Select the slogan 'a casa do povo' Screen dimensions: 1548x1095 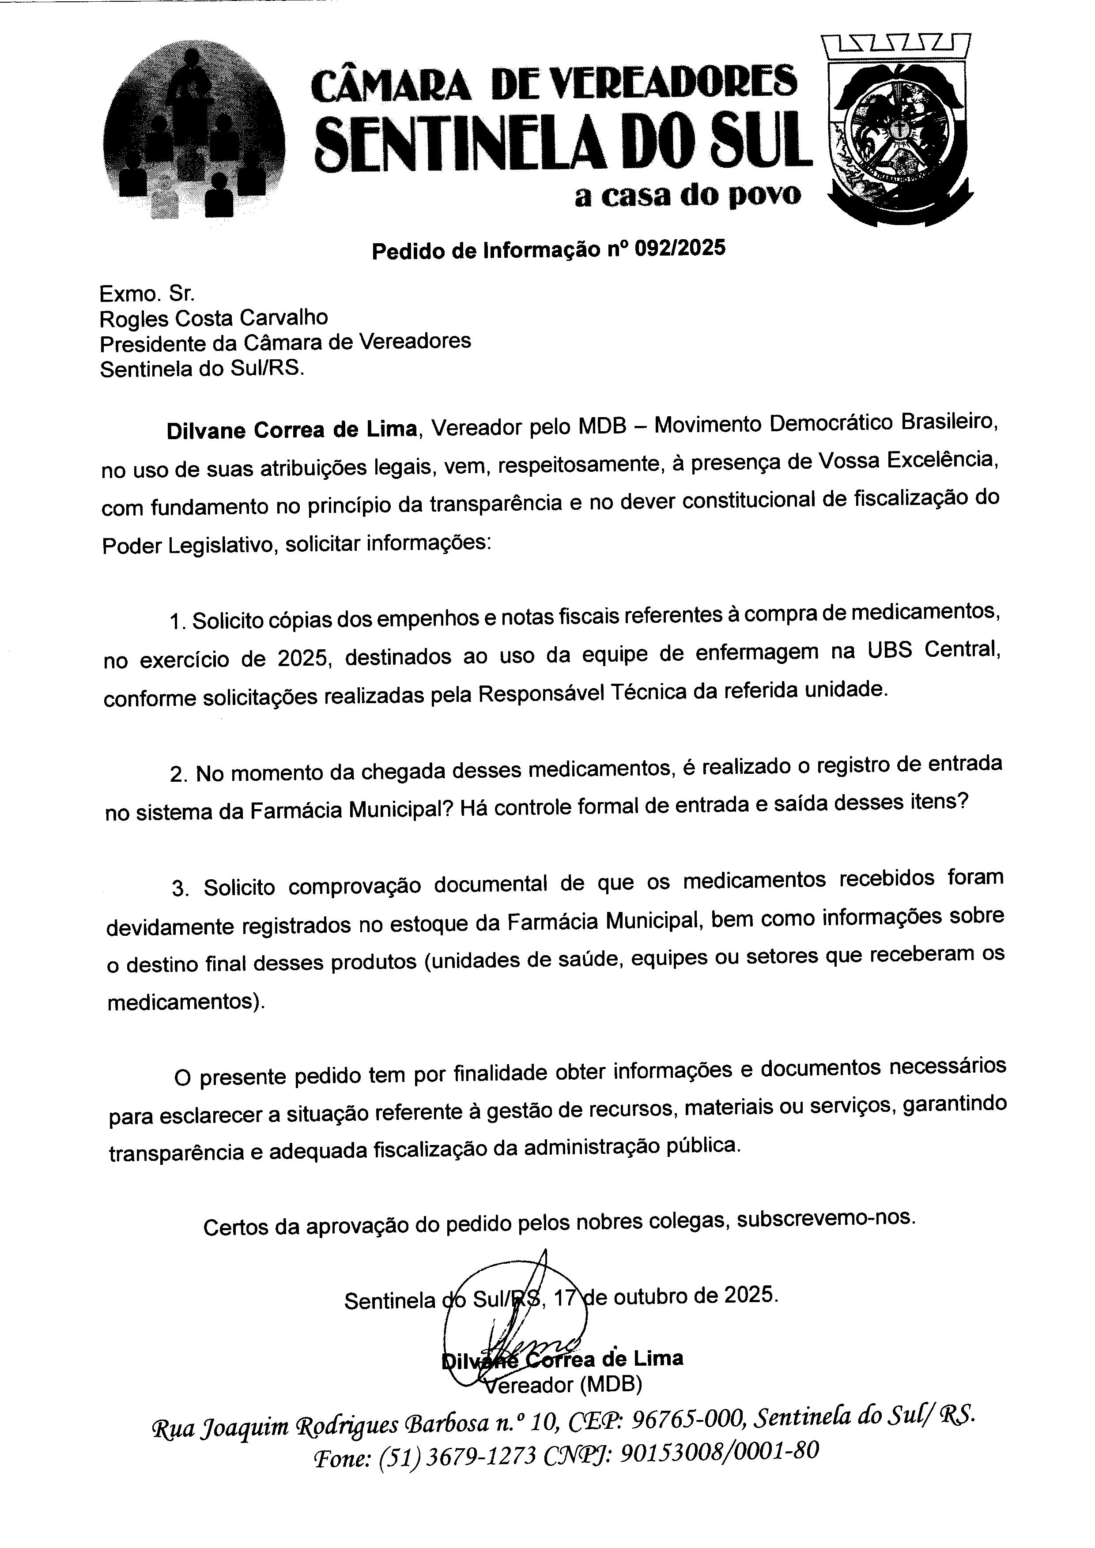688,196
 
